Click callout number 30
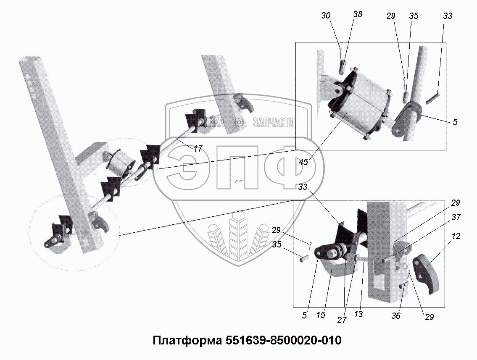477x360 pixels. [x=325, y=16]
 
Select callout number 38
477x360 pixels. [x=358, y=14]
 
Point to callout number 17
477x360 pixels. [x=198, y=148]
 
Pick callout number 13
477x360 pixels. [x=358, y=313]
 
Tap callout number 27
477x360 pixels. [x=342, y=320]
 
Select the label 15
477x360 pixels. [x=321, y=315]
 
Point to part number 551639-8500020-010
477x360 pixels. [x=282, y=340]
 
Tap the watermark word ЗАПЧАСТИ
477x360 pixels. [x=273, y=122]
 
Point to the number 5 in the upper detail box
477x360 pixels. [x=456, y=122]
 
